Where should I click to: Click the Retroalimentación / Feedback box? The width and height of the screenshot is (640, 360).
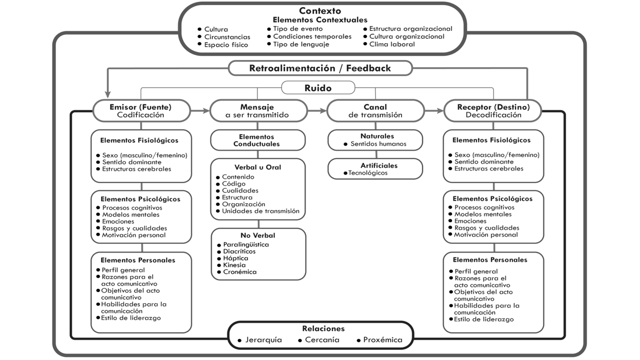click(320, 68)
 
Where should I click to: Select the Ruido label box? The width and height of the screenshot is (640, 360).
click(318, 88)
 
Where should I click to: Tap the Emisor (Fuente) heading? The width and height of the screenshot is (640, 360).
click(140, 107)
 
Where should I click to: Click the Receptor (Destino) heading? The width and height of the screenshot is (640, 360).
click(493, 107)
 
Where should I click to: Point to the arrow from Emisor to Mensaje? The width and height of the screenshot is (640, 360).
click(200, 111)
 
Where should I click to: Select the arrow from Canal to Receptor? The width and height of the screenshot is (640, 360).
click(434, 111)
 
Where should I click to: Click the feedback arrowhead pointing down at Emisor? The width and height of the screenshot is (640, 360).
click(108, 94)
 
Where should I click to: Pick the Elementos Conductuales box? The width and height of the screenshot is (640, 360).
click(257, 141)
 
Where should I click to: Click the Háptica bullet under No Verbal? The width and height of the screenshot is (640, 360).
click(236, 258)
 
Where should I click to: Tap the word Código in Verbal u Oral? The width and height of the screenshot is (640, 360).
click(234, 184)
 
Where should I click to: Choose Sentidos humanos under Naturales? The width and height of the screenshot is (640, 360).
click(378, 144)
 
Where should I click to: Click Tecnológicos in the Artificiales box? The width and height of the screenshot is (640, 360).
click(368, 173)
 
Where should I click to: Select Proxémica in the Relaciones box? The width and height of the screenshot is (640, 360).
click(383, 340)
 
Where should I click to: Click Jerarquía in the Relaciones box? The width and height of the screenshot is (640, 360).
click(264, 340)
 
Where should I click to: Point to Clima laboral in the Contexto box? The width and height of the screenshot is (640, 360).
click(392, 44)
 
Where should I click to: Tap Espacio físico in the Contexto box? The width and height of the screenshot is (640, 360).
click(226, 45)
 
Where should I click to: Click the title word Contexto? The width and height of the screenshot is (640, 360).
click(320, 11)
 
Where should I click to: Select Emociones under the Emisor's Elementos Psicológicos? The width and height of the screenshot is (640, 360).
click(118, 221)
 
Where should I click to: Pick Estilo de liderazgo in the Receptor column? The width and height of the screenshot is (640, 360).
click(484, 319)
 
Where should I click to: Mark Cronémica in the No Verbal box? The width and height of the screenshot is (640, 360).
click(240, 272)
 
